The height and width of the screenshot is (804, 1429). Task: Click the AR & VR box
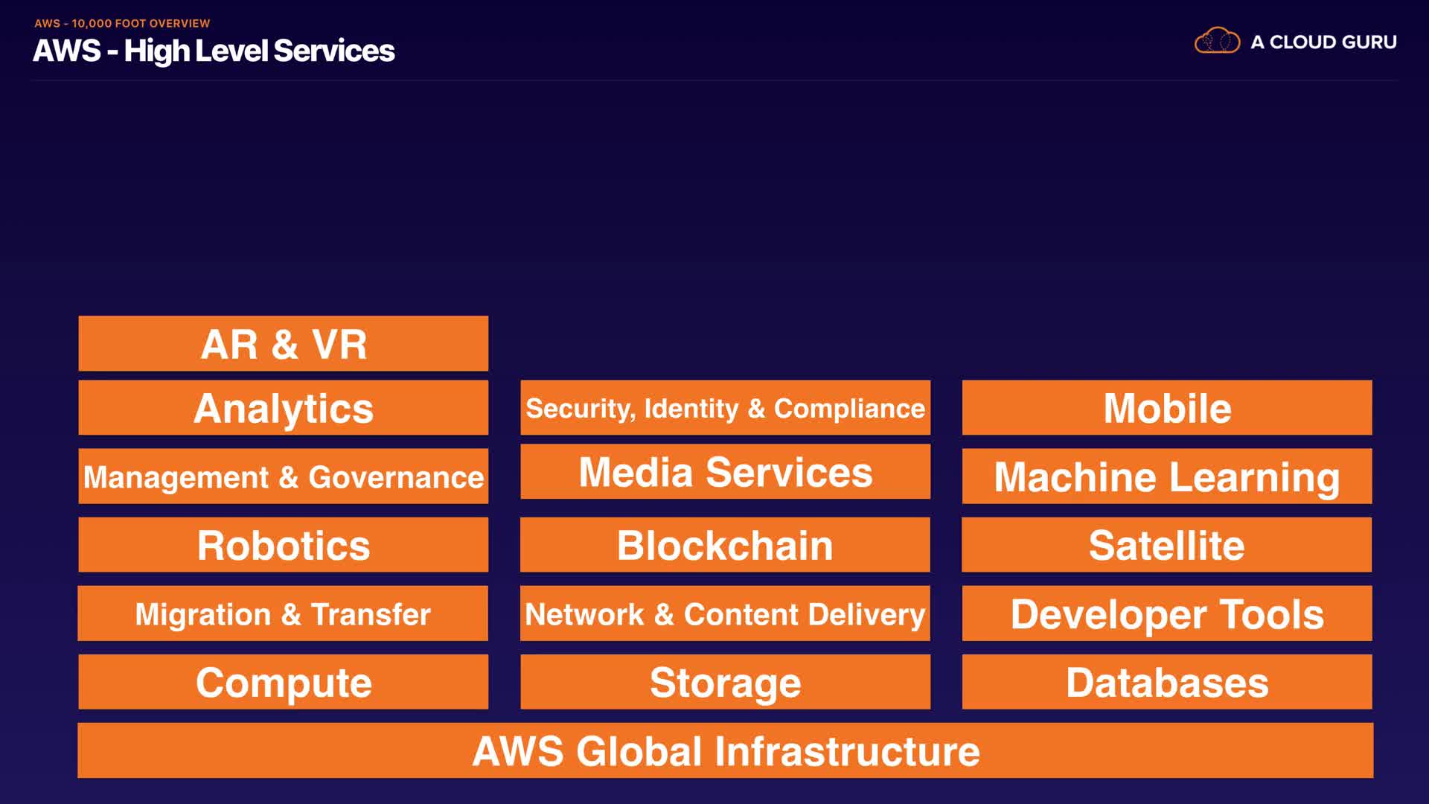coord(283,343)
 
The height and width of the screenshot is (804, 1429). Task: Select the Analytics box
coord(283,407)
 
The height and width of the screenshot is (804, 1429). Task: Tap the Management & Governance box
coord(283,476)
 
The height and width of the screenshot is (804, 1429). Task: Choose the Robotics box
coord(283,544)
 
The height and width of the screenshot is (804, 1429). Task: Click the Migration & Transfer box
coord(283,613)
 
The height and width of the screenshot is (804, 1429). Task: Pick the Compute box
coord(283,681)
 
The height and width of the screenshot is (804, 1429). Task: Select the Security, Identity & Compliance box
coord(725,407)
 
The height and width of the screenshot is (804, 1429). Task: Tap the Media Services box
coord(725,471)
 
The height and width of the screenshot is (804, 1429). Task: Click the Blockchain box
coord(725,544)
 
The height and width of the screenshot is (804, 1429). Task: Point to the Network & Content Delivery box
coord(725,613)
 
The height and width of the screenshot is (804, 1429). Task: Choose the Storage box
coord(725,681)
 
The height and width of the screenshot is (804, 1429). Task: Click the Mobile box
coord(1166,407)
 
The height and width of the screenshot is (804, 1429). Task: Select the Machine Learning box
coord(1166,476)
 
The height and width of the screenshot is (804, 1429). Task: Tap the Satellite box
coord(1166,544)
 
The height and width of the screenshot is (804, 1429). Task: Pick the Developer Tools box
coord(1166,613)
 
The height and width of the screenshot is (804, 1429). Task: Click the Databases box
coord(1166,681)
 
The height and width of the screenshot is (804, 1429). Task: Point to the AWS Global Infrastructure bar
coord(725,750)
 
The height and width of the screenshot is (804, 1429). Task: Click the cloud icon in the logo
coord(1217,41)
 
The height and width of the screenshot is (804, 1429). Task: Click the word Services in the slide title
coord(333,51)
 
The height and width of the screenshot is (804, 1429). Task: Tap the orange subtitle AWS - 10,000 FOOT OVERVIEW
coord(122,23)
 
